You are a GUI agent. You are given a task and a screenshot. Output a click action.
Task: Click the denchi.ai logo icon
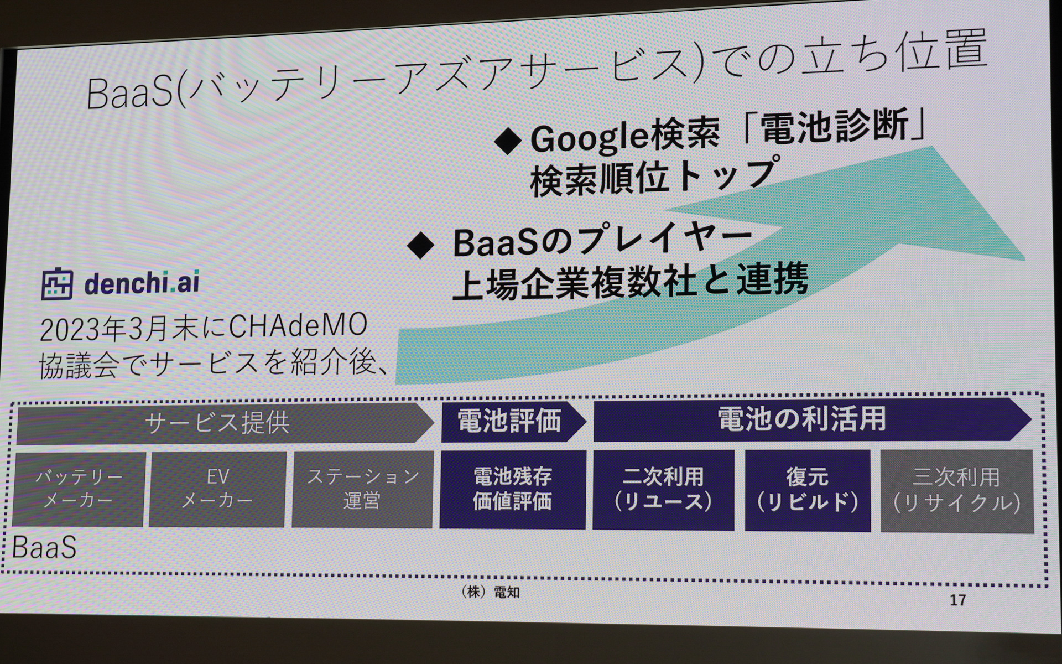(57, 284)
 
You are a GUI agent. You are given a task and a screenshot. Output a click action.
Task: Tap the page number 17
(957, 600)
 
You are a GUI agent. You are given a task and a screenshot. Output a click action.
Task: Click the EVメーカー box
(217, 489)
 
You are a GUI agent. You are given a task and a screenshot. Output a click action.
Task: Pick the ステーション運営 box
(362, 489)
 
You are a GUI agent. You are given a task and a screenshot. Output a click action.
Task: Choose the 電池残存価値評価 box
(512, 489)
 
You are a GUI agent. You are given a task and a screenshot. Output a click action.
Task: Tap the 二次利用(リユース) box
(663, 490)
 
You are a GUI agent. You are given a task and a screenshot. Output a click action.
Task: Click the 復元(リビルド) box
(807, 490)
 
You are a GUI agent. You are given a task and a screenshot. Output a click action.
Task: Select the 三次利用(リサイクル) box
(956, 491)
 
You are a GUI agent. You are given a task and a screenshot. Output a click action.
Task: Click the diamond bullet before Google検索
(507, 141)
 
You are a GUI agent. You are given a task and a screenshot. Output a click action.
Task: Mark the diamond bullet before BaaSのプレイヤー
(420, 244)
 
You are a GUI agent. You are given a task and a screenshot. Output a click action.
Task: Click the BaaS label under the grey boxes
(44, 548)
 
